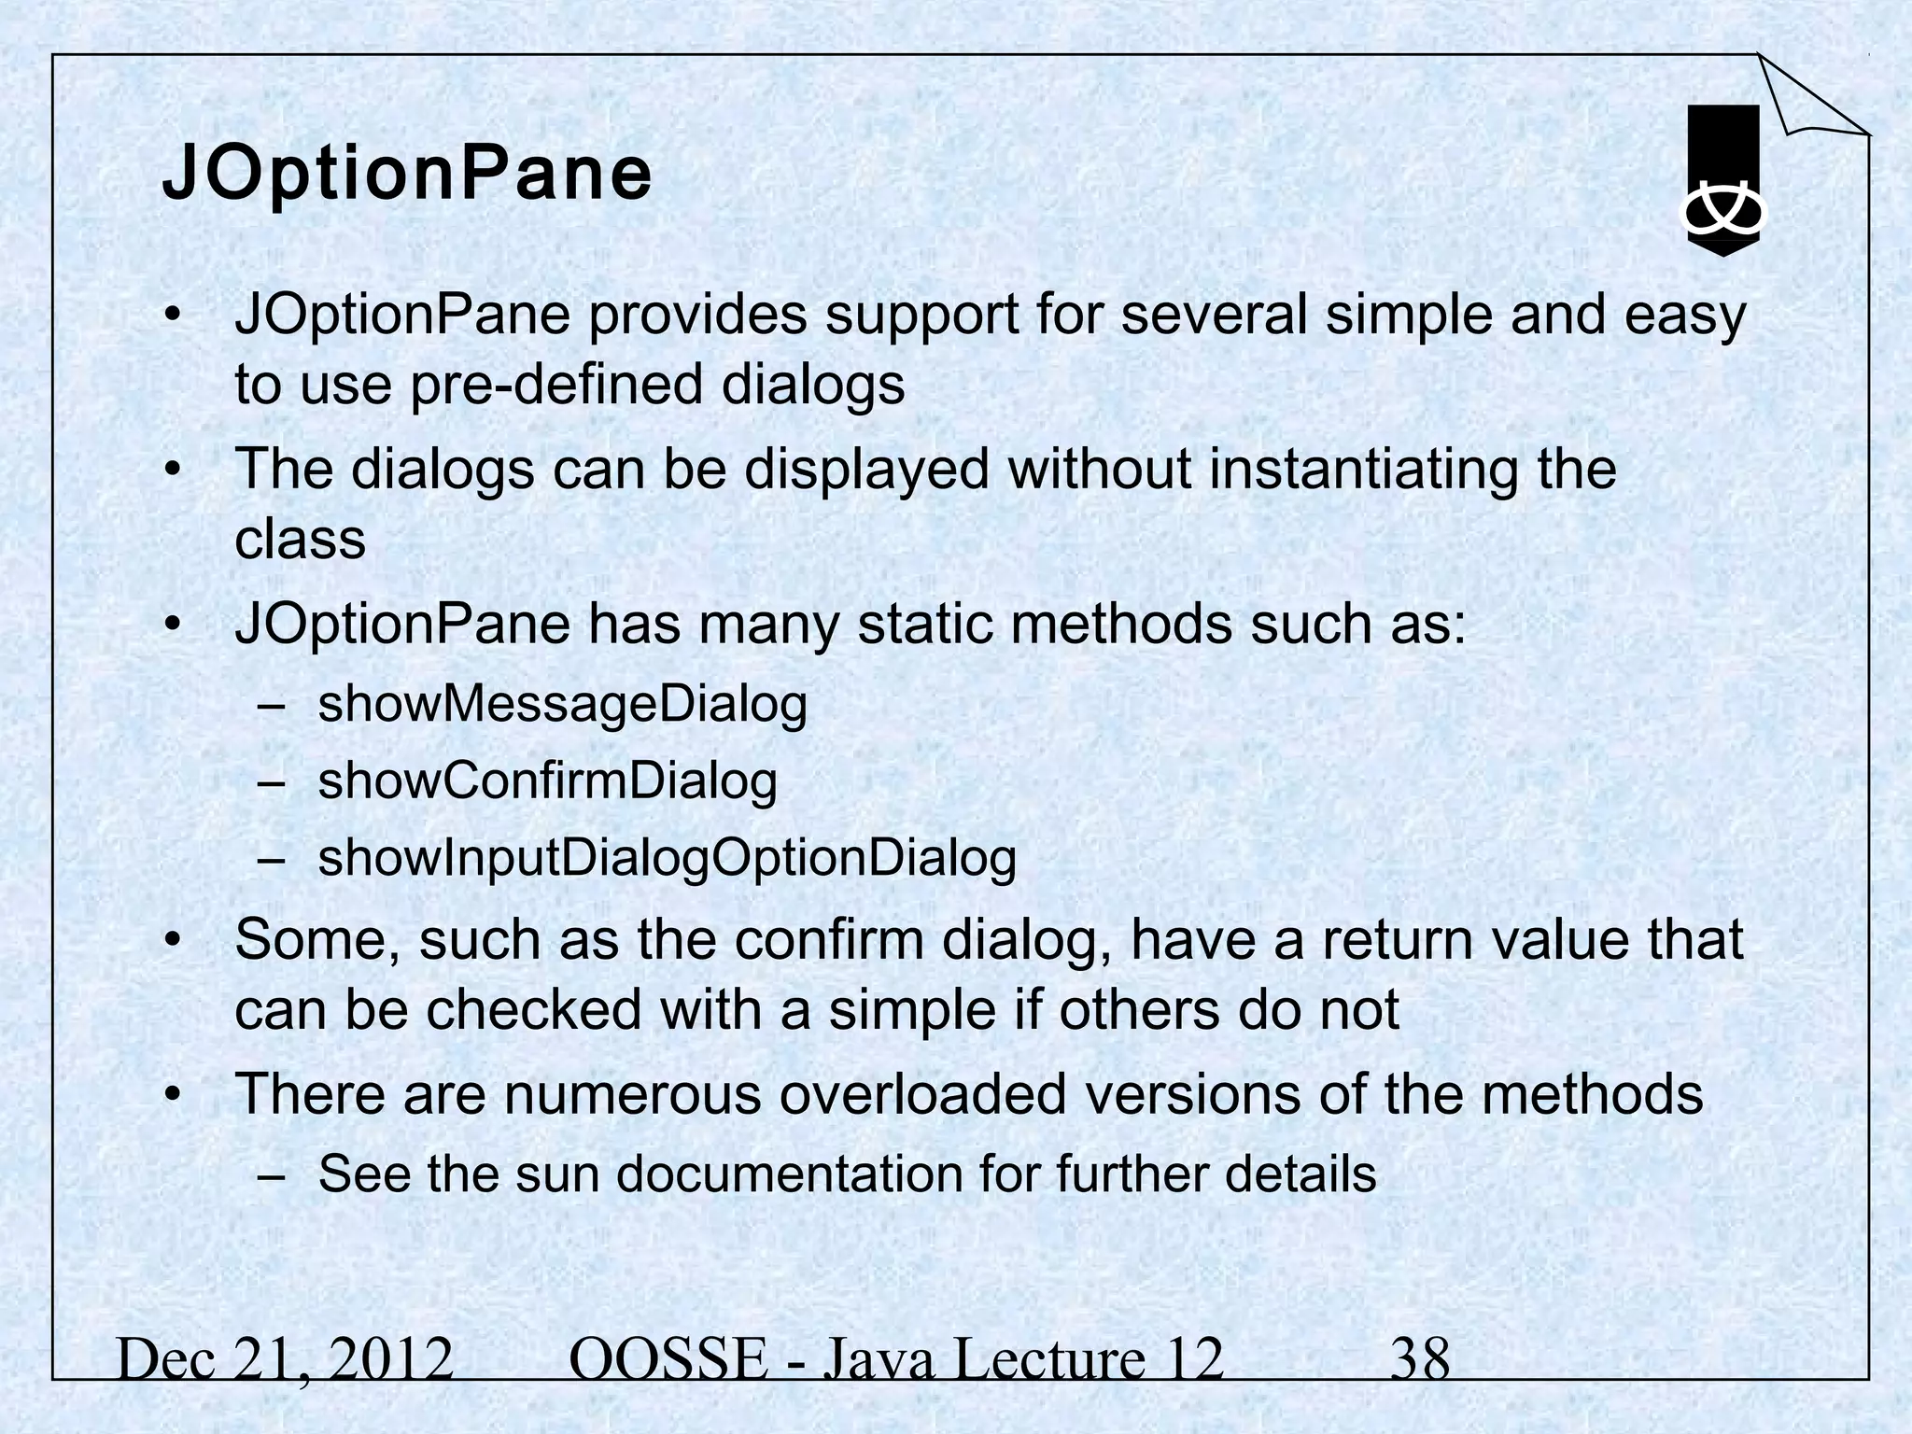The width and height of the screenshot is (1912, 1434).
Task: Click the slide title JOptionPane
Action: (x=407, y=174)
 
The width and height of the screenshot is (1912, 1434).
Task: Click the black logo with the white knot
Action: (x=1722, y=180)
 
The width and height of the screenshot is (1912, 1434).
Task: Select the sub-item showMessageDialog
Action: (x=562, y=705)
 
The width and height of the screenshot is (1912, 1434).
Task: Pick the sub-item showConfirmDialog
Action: (x=547, y=781)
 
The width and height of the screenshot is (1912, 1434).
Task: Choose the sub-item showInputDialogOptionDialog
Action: (x=667, y=859)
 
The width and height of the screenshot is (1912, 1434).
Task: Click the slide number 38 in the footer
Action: (x=1420, y=1359)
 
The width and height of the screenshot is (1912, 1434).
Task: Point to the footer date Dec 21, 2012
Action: (x=285, y=1359)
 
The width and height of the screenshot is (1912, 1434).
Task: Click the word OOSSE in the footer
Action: (x=667, y=1359)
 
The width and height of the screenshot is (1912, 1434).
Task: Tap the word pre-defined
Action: (x=555, y=385)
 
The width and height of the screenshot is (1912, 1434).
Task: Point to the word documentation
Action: (x=788, y=1174)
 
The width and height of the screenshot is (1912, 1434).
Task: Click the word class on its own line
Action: (x=300, y=540)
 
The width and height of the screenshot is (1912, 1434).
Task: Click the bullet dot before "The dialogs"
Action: (x=172, y=469)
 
